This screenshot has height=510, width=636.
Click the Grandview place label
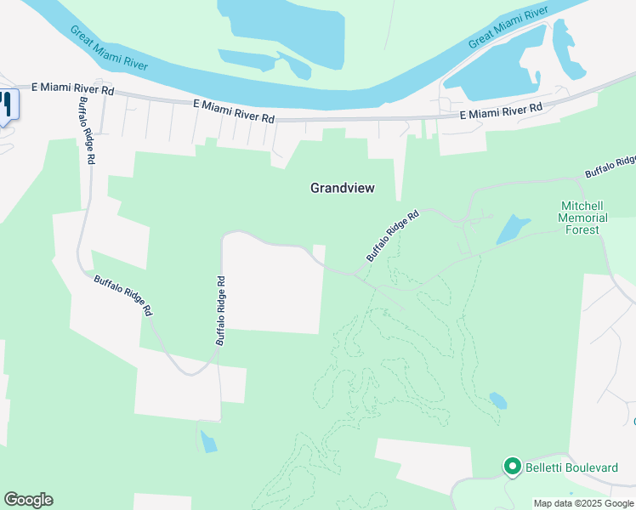pos(342,188)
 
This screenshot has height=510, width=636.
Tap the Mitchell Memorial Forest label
pos(583,218)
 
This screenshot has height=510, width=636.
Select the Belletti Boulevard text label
pos(571,467)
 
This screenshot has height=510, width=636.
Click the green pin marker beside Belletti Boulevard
pos(512,466)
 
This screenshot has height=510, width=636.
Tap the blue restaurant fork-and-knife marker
pos(7,105)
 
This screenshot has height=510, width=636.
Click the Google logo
pos(28,500)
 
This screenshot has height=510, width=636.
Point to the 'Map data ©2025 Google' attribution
pos(583,503)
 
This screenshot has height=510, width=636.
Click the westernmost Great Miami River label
pos(109,48)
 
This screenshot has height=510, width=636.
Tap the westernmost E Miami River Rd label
pos(72,88)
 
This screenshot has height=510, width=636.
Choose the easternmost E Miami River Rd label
pos(501,111)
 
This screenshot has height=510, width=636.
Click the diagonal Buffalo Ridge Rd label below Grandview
pos(393,235)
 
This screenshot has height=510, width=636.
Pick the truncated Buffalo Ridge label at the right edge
pos(610,167)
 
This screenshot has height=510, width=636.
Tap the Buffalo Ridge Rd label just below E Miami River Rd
pos(88,124)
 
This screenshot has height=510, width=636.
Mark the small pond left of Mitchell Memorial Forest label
pos(512,228)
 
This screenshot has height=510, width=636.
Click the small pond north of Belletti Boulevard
pos(497,399)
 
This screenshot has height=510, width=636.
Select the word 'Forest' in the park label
pos(582,229)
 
